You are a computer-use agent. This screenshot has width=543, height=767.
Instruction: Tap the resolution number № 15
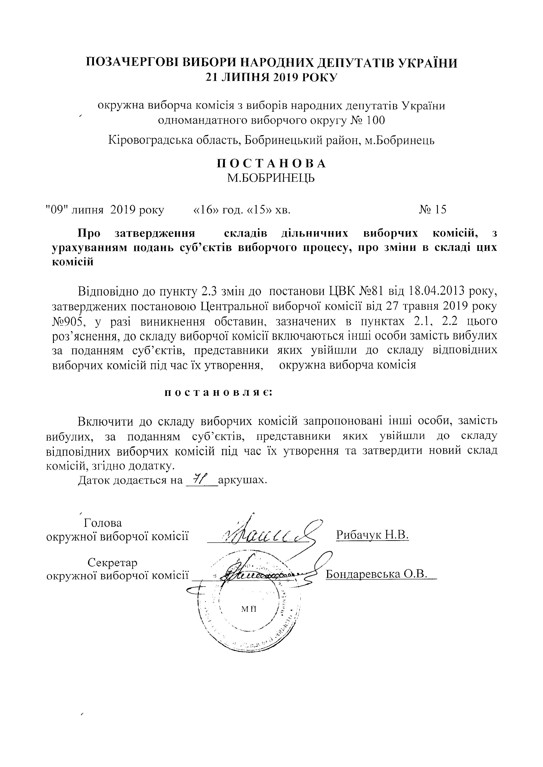tap(433, 210)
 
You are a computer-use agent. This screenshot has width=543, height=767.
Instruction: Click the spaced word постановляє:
tap(219, 393)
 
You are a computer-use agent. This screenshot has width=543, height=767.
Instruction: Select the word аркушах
tap(242, 480)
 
